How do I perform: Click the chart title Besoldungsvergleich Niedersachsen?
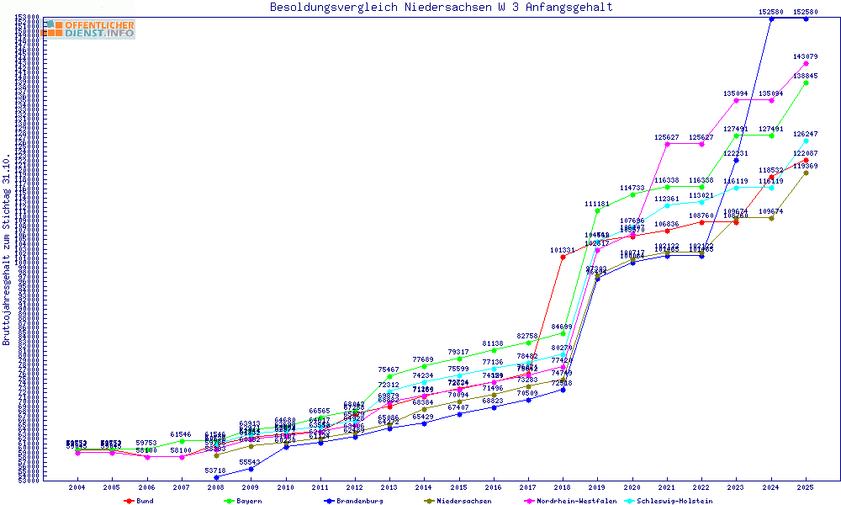pos(441,8)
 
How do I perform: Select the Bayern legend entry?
pos(244,501)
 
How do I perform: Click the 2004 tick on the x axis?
pos(77,487)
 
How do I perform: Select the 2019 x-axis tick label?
pos(598,487)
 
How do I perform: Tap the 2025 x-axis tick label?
pos(806,487)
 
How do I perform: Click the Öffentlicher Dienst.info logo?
pos(89,29)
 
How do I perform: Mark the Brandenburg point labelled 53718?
pos(216,477)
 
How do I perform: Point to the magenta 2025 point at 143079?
pos(806,63)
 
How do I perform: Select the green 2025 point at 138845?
pos(806,82)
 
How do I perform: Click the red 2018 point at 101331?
pos(563,257)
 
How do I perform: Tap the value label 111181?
pos(597,205)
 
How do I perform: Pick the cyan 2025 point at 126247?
pos(806,141)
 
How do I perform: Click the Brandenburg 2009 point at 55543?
pos(251,469)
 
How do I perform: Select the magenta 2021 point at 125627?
pos(667,144)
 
